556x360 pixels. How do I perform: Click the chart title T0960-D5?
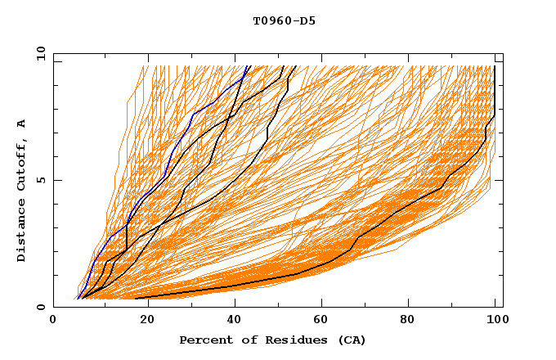(284, 21)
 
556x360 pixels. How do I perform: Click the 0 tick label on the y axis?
(41, 307)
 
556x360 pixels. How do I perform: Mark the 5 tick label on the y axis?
(41, 180)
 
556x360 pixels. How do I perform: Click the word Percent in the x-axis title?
(205, 340)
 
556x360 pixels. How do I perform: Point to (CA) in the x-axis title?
(351, 340)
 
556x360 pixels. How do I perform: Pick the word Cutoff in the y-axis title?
(21, 164)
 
